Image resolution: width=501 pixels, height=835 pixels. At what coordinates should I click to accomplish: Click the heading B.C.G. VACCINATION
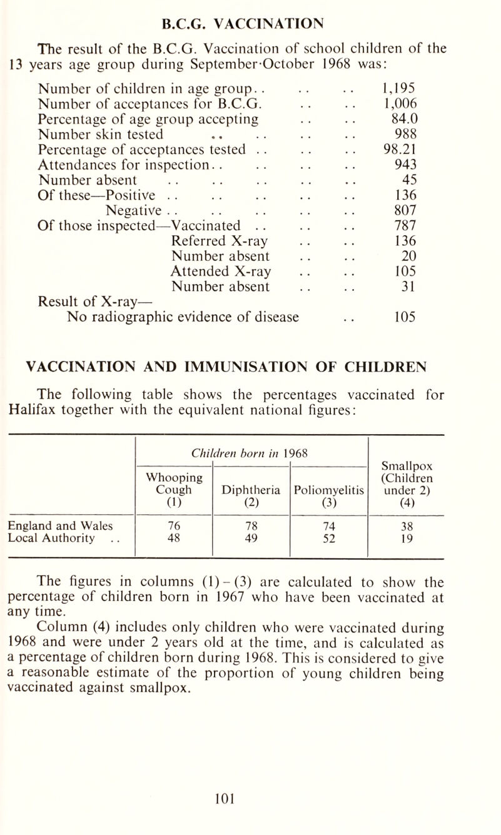click(x=250, y=13)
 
